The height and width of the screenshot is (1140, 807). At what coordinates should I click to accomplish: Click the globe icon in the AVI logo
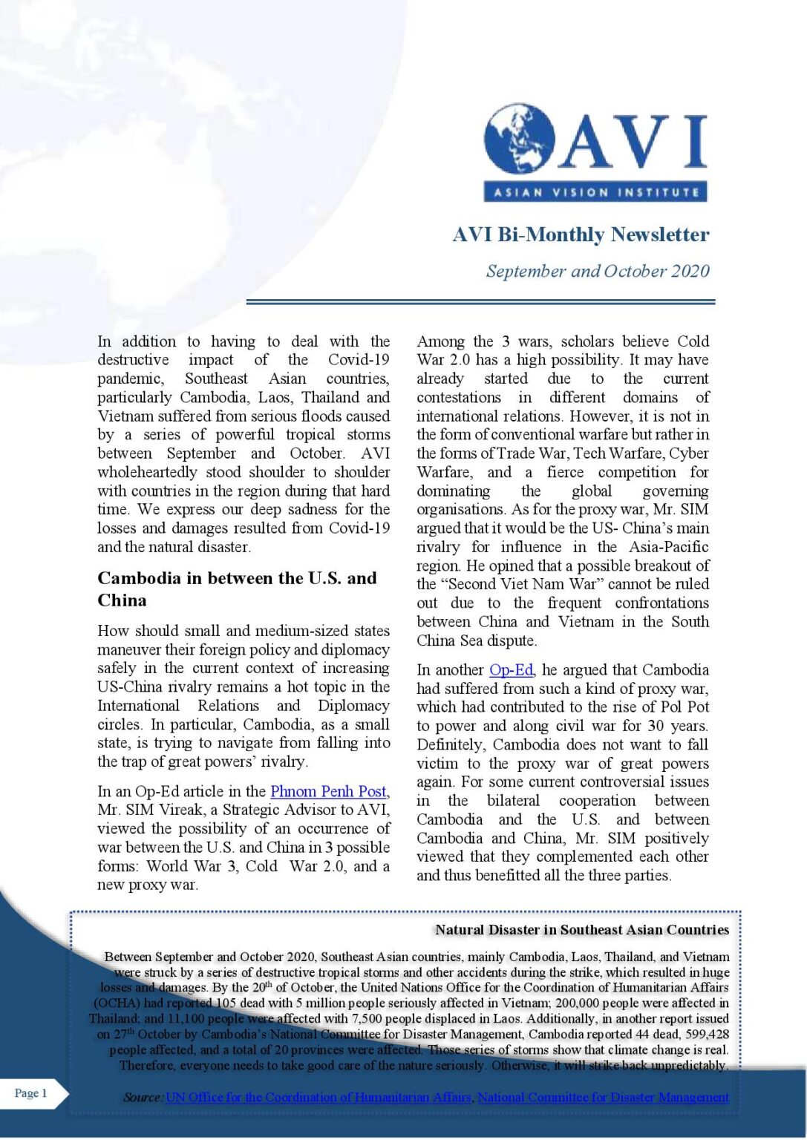(x=519, y=139)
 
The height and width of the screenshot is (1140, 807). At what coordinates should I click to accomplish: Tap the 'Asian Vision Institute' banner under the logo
(x=595, y=192)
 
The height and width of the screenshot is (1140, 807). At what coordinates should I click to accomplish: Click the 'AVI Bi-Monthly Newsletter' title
(x=581, y=235)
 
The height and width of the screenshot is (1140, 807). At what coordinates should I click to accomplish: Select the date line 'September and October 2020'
(x=597, y=271)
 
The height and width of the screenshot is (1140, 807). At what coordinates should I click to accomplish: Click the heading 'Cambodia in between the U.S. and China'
(x=237, y=589)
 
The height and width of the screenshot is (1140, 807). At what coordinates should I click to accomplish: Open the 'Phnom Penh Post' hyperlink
(x=328, y=791)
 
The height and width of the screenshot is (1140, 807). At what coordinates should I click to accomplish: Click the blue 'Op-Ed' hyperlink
(x=511, y=669)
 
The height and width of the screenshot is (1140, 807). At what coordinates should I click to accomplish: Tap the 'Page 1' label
(x=31, y=1092)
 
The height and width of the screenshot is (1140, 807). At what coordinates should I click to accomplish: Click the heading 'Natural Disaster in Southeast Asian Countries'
(x=581, y=929)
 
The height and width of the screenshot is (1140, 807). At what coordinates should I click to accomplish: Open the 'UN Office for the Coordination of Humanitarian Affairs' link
(x=318, y=1097)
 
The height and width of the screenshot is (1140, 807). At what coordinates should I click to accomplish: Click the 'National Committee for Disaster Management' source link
(x=603, y=1097)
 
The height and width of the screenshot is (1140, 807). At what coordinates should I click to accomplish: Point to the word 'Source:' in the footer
(x=143, y=1097)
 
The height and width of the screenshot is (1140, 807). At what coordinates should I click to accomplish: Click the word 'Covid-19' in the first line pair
(x=359, y=360)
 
